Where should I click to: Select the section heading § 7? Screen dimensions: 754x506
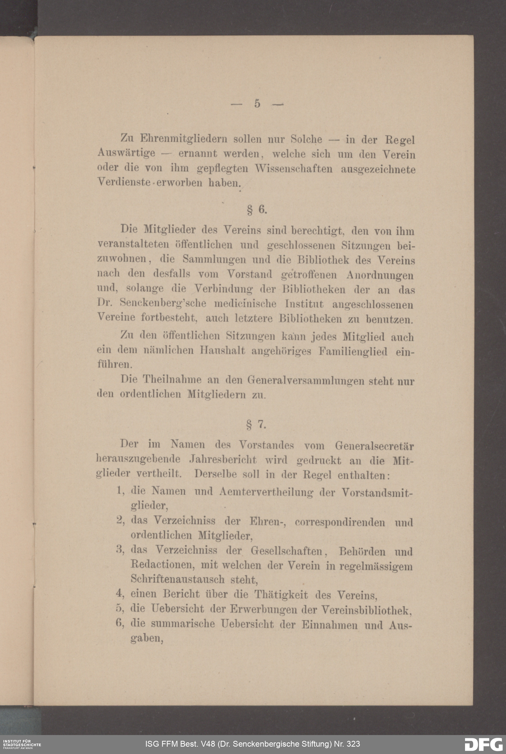[256, 425]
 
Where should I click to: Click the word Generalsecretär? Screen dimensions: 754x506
[374, 446]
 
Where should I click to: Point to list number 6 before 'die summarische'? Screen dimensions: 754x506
[120, 623]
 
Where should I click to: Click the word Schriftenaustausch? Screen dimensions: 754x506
[178, 579]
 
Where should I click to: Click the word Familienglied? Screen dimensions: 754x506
[353, 351]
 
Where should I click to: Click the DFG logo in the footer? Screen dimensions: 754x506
[483, 744]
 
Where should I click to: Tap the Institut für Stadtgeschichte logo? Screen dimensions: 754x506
[21, 744]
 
